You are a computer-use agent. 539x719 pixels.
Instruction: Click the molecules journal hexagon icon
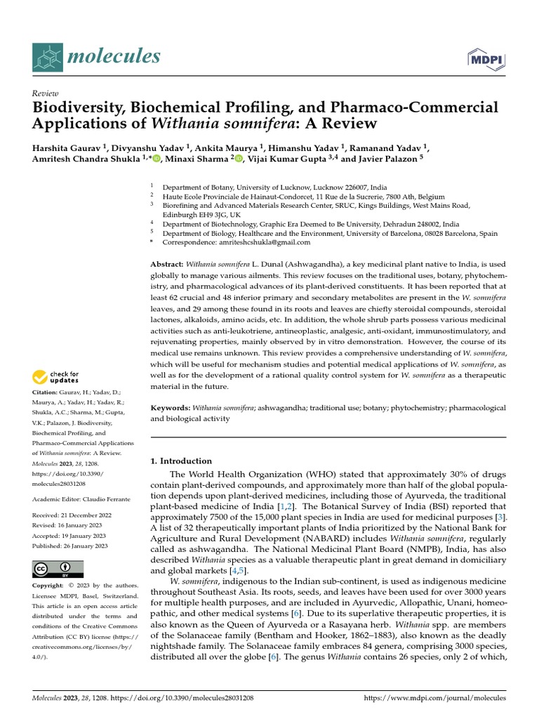[48, 56]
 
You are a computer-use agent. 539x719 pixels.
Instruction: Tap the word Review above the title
[45, 93]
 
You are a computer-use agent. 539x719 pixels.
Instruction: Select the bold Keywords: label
[171, 407]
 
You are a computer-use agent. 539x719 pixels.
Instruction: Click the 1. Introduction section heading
[182, 461]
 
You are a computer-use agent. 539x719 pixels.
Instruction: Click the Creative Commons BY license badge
[58, 569]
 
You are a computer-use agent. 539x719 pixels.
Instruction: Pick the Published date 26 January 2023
[84, 546]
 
